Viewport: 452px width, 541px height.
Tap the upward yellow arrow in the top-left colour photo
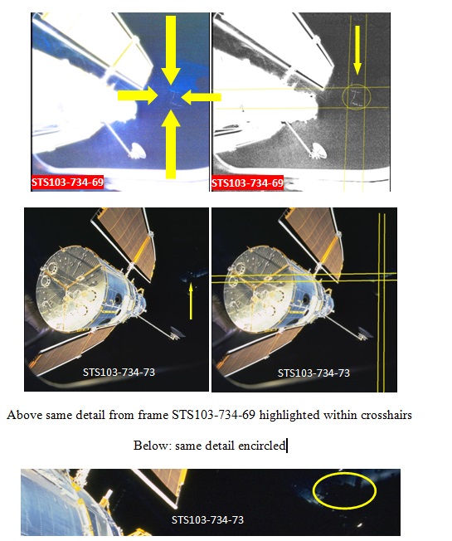coord(171,144)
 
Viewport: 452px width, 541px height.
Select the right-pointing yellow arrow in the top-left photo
coord(138,96)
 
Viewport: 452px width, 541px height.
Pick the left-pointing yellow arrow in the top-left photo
coord(201,97)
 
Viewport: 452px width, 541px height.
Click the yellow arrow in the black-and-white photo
coord(357,50)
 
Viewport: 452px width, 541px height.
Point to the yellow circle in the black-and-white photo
coord(356,85)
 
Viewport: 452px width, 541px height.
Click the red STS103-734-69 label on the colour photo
coord(67,183)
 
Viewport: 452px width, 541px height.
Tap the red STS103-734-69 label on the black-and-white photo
coord(247,183)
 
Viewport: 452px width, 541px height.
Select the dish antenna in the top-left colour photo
coord(138,151)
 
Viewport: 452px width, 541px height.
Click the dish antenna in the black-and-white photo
coord(318,151)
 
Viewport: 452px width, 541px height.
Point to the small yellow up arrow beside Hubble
coord(191,300)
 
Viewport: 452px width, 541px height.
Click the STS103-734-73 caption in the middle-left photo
coord(119,373)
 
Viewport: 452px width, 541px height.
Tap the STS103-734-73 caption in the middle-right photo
coord(313,373)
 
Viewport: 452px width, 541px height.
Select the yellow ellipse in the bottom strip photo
coord(313,490)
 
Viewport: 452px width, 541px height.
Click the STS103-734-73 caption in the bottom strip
coord(207,519)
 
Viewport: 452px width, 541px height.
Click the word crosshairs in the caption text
coord(386,415)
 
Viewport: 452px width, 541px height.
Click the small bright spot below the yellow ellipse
coord(360,525)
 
